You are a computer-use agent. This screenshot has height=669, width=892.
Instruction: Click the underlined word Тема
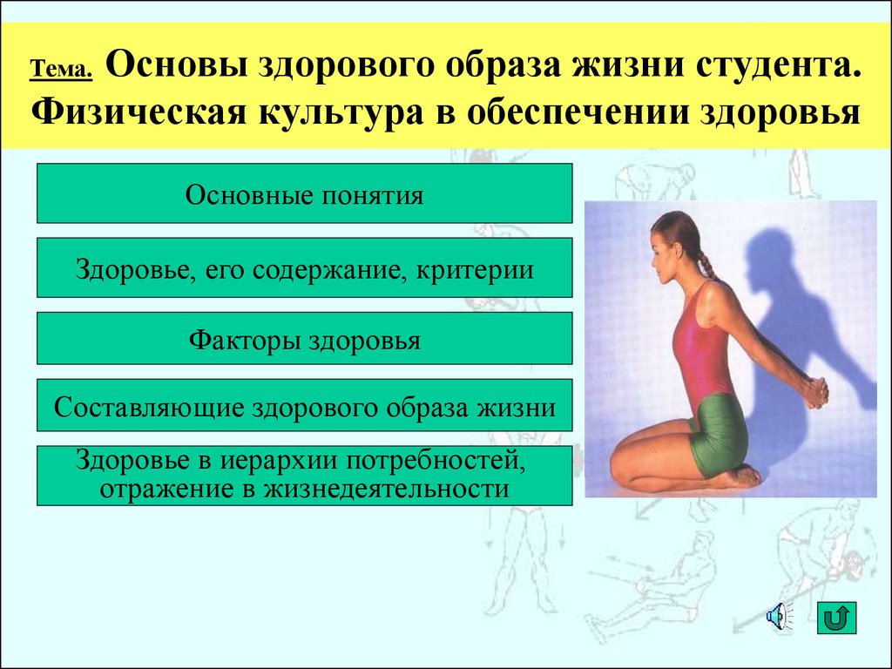click(61, 69)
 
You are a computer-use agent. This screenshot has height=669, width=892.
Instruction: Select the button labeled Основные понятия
click(304, 193)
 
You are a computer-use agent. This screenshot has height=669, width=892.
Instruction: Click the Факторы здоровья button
click(304, 339)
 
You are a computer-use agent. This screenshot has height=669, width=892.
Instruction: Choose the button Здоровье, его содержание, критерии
click(304, 267)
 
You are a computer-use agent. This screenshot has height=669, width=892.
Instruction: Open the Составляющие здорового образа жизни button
click(304, 405)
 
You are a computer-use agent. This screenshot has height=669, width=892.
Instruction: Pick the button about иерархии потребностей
click(304, 476)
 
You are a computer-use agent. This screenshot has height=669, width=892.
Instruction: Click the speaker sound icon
click(779, 617)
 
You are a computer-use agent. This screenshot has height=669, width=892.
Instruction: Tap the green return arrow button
click(836, 618)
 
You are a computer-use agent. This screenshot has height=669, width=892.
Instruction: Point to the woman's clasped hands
click(814, 392)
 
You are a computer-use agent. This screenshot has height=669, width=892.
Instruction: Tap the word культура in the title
click(341, 112)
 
